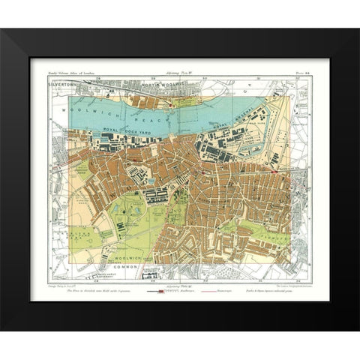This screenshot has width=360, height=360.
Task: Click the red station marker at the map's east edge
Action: click(x=277, y=171)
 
